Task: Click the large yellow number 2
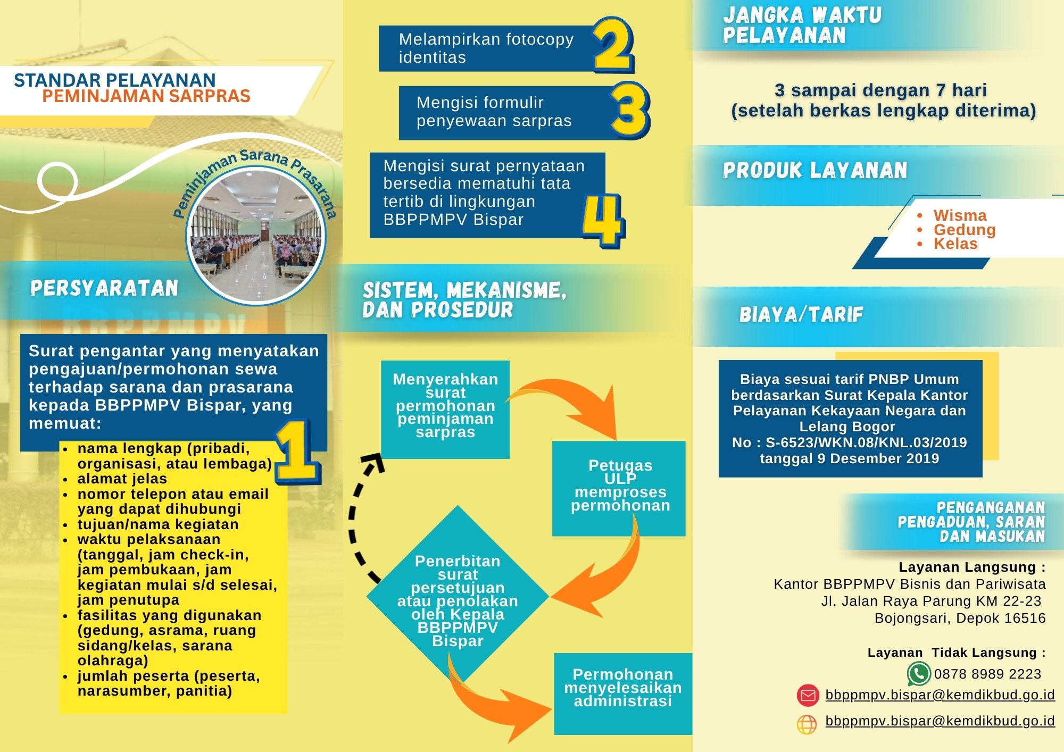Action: pos(613,45)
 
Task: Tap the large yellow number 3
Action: pos(630,111)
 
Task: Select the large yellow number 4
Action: pos(603,220)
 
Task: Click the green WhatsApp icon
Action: pos(918,674)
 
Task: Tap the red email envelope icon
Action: pos(808,696)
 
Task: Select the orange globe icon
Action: pos(807,724)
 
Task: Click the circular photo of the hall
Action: pos(256,236)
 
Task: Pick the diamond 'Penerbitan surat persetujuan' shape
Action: pos(458,596)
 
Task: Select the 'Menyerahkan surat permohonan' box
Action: pos(445,408)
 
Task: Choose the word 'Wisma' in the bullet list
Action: pos(960,215)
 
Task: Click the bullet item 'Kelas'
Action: pos(955,244)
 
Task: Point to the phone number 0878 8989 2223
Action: pos(987,674)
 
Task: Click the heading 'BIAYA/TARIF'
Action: pos(801,315)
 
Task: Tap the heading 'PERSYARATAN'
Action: pos(104,288)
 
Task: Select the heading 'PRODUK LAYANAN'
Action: pos(814,171)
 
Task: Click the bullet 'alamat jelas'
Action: pos(122,479)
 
